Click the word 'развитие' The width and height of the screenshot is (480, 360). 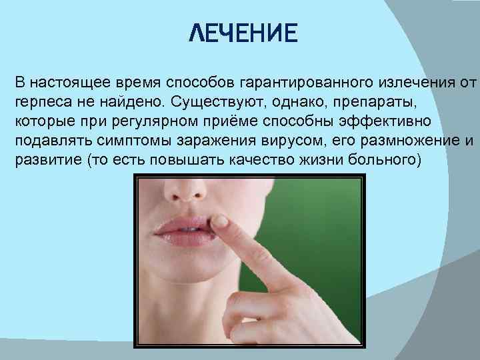43,163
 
